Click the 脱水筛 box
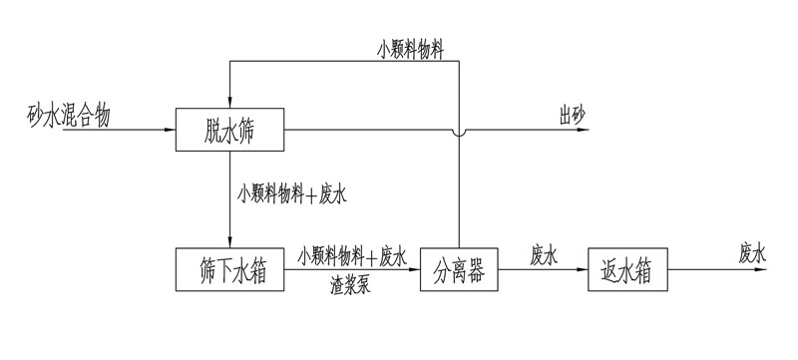click(x=230, y=129)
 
